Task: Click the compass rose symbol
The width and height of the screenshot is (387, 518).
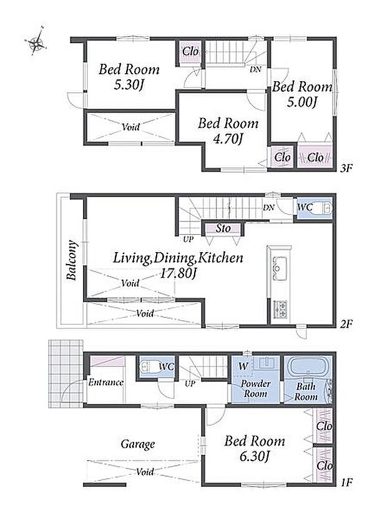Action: (x=36, y=42)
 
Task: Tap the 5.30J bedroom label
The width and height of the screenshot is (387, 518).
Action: (x=129, y=86)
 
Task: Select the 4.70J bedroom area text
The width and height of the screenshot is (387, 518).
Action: (x=228, y=139)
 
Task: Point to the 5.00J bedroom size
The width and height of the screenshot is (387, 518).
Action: (x=301, y=102)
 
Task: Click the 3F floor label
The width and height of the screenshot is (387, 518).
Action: (x=346, y=169)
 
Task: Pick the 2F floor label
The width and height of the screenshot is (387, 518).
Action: (x=346, y=324)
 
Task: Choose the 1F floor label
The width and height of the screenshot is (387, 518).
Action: (x=346, y=482)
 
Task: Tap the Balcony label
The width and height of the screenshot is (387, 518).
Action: (x=72, y=260)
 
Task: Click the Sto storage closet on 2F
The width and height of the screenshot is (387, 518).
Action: (x=223, y=228)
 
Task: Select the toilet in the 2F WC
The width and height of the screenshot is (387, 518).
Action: (x=323, y=208)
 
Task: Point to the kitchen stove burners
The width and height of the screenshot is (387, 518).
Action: (x=280, y=310)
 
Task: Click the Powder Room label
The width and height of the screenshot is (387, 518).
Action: (x=255, y=389)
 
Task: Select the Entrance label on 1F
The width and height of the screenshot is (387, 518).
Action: (x=105, y=383)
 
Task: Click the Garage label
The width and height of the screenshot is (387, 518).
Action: (x=138, y=444)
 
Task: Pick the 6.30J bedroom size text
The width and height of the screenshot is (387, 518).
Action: (x=255, y=457)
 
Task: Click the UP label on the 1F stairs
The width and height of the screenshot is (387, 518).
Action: (x=190, y=384)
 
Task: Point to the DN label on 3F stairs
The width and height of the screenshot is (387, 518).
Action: (x=255, y=70)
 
